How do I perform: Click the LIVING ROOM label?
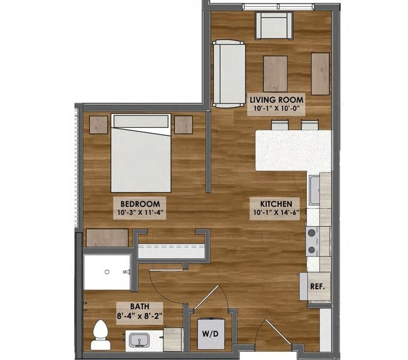[277, 100]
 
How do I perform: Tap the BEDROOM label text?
[139, 204]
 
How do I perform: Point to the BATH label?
[139, 307]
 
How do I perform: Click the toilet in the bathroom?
[100, 336]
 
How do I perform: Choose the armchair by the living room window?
[273, 25]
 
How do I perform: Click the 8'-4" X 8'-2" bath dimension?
[139, 316]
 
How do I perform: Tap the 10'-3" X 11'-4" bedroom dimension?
[139, 213]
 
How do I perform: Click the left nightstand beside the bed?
[98, 124]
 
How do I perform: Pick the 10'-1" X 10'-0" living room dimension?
[277, 109]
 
